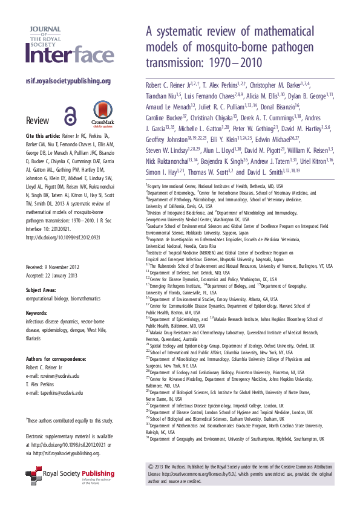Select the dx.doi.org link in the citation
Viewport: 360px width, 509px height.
point(66,237)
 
